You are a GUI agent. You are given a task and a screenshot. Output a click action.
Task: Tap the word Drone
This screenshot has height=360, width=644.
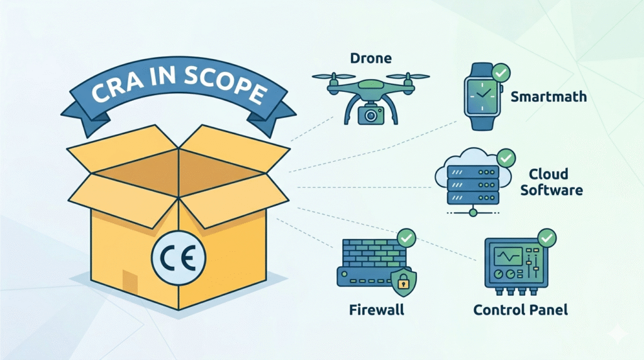370,59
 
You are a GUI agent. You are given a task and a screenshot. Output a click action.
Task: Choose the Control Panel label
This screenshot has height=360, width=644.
520,310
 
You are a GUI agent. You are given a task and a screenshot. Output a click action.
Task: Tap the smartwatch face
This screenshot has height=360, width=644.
482,96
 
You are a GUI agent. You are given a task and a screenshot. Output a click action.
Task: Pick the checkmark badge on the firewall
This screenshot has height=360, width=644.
407,238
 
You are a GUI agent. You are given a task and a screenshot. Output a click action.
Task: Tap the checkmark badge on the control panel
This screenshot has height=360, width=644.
547,238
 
